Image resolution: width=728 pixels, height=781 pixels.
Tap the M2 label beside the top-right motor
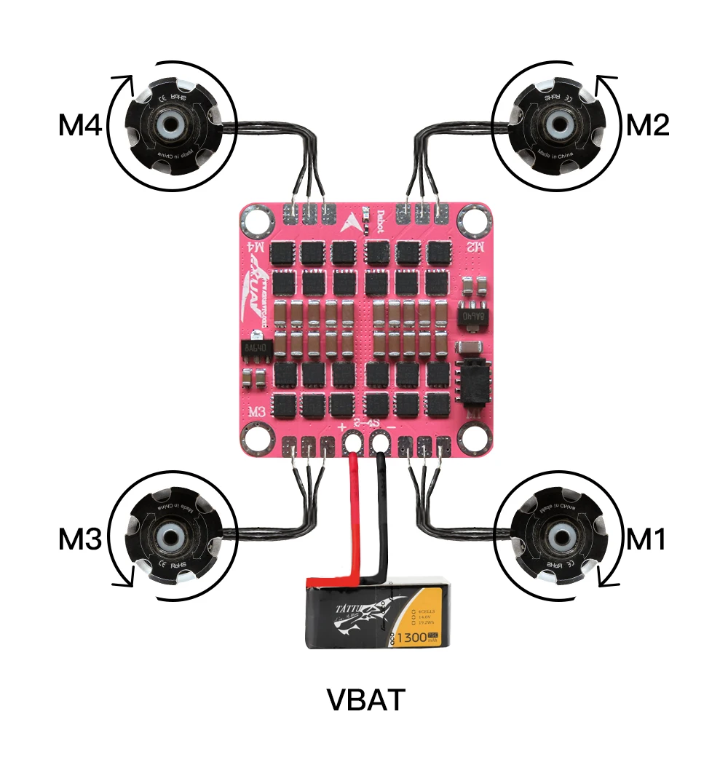(648, 126)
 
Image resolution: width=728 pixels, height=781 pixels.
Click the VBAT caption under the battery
(365, 700)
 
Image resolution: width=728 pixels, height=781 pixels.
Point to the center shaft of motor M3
(172, 537)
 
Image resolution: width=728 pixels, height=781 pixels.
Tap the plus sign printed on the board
(341, 426)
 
